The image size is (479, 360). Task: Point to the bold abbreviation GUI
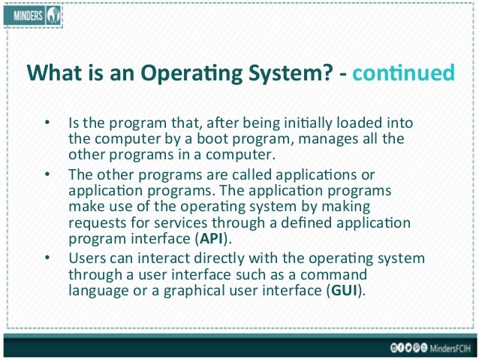pyautogui.click(x=345, y=290)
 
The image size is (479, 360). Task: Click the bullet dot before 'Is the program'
pyautogui.click(x=47, y=123)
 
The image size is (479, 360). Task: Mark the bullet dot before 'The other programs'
pyautogui.click(x=47, y=173)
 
